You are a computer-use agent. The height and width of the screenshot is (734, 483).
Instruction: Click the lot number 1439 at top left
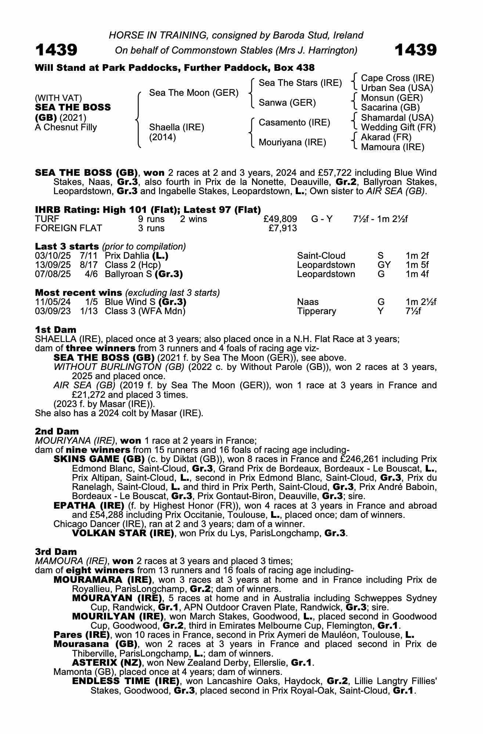click(x=56, y=50)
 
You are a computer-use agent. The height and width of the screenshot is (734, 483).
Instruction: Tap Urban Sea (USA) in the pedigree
click(x=397, y=88)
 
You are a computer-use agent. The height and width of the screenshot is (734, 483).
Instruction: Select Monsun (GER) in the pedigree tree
click(x=392, y=98)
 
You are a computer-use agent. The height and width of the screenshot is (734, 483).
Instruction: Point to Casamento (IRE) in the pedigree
click(x=294, y=122)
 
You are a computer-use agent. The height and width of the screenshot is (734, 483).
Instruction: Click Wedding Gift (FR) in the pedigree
click(x=398, y=127)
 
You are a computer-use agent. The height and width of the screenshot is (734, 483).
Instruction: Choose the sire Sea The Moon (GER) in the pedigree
click(x=194, y=93)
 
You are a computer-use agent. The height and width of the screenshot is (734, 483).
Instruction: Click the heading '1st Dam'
click(x=55, y=330)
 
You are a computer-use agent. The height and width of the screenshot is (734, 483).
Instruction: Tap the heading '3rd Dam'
click(x=56, y=552)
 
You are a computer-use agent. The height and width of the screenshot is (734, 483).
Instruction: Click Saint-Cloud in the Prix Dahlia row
click(x=321, y=256)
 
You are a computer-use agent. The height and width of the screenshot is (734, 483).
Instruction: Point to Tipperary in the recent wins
click(x=316, y=311)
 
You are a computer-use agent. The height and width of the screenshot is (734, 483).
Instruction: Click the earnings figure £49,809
click(x=280, y=219)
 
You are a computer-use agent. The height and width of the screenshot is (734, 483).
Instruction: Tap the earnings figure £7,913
click(x=283, y=228)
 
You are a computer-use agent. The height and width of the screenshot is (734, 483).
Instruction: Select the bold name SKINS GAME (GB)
click(x=99, y=459)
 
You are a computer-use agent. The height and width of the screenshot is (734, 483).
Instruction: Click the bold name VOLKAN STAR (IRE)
click(x=123, y=533)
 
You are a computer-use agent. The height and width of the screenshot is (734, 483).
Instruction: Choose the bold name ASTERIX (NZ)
click(x=107, y=663)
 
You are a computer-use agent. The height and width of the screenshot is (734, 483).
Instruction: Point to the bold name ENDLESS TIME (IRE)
click(x=126, y=681)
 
